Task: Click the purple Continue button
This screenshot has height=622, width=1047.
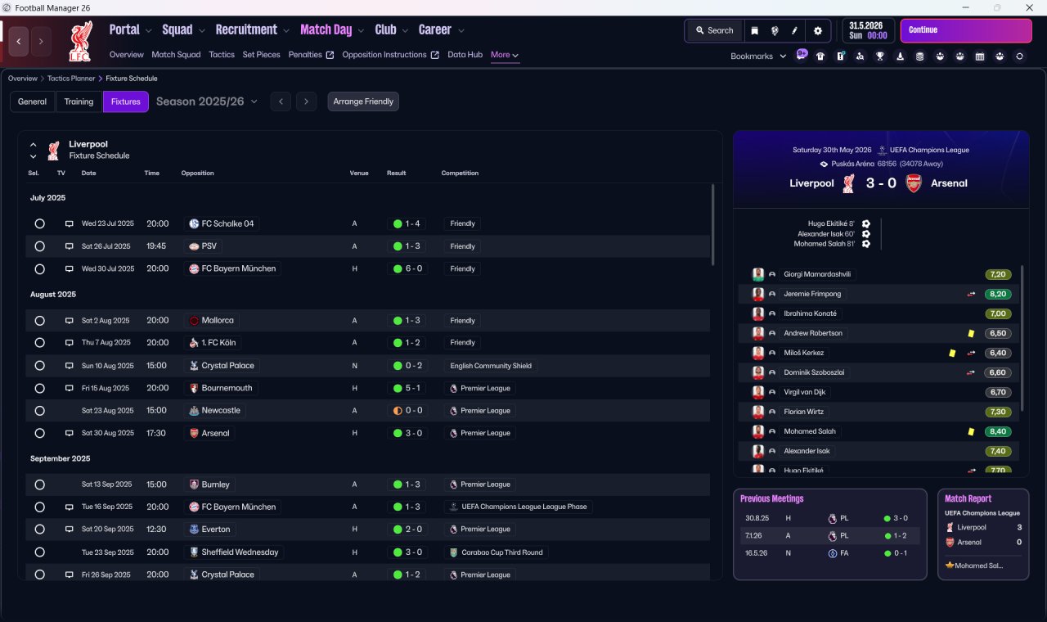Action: [x=966, y=30]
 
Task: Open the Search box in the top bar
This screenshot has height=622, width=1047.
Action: [x=715, y=30]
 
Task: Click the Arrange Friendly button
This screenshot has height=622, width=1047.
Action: [x=363, y=101]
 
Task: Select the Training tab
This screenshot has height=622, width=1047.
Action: [x=79, y=101]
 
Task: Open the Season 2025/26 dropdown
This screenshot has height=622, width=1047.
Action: [x=207, y=101]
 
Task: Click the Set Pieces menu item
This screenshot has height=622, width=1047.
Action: [x=261, y=55]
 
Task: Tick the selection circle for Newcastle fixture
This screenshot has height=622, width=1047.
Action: [x=40, y=411]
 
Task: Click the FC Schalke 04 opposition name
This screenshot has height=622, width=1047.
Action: [x=227, y=223]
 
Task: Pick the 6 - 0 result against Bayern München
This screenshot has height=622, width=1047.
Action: [x=414, y=268]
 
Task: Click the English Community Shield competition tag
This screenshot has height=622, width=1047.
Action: [x=491, y=366]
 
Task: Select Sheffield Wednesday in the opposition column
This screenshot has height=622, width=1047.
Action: [x=240, y=552]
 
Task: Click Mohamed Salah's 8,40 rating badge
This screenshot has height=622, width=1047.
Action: [x=998, y=431]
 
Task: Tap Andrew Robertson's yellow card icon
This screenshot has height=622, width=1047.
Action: [x=971, y=333]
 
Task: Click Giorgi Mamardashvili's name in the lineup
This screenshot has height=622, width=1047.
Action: [x=817, y=274]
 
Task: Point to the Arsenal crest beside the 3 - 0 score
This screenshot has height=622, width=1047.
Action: [x=914, y=183]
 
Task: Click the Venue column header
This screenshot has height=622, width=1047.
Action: [x=359, y=173]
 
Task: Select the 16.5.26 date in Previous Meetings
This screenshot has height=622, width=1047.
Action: [x=756, y=553]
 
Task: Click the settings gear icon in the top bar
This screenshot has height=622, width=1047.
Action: [x=817, y=31]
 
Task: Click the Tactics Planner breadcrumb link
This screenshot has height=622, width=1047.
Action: [x=71, y=79]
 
